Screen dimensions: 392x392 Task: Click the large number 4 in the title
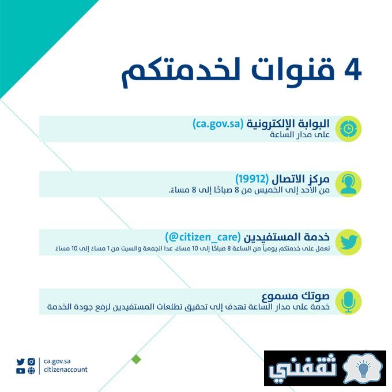353,70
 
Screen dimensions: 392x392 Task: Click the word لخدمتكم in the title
180,72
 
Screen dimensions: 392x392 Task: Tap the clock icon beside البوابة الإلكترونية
348,129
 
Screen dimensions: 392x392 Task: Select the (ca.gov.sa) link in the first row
218,124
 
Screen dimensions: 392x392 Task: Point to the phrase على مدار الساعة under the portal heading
300,135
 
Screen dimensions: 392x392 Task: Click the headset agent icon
348,184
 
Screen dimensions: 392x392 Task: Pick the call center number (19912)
252,179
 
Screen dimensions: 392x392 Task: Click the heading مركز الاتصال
300,179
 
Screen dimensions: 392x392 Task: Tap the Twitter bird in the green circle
348,242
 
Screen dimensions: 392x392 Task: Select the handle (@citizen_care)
203,237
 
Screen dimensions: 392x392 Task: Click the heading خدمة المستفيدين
287,237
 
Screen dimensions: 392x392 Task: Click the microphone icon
348,301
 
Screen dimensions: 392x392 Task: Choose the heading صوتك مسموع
296,296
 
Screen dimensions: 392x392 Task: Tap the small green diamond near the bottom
136,360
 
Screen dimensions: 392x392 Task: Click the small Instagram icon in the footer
31,361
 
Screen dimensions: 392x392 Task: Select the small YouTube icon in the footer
21,371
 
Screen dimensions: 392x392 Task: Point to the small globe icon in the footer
31,371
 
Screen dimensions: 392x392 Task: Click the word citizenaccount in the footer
66,370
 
